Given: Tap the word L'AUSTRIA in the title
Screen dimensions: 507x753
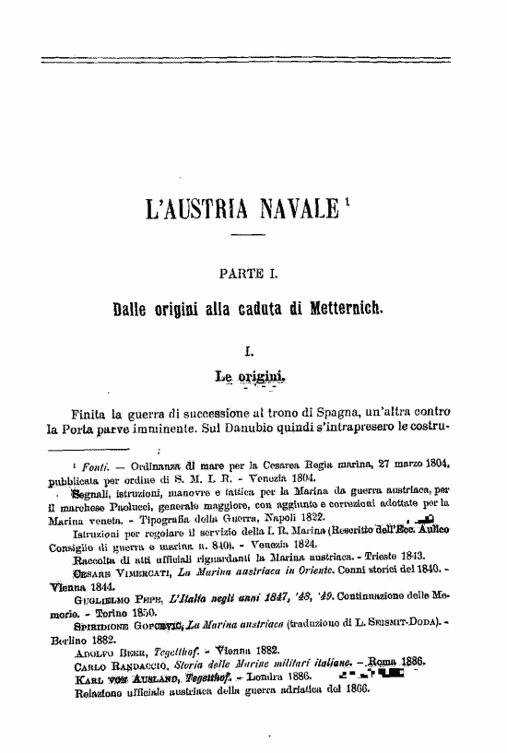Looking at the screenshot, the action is pos(188,210).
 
